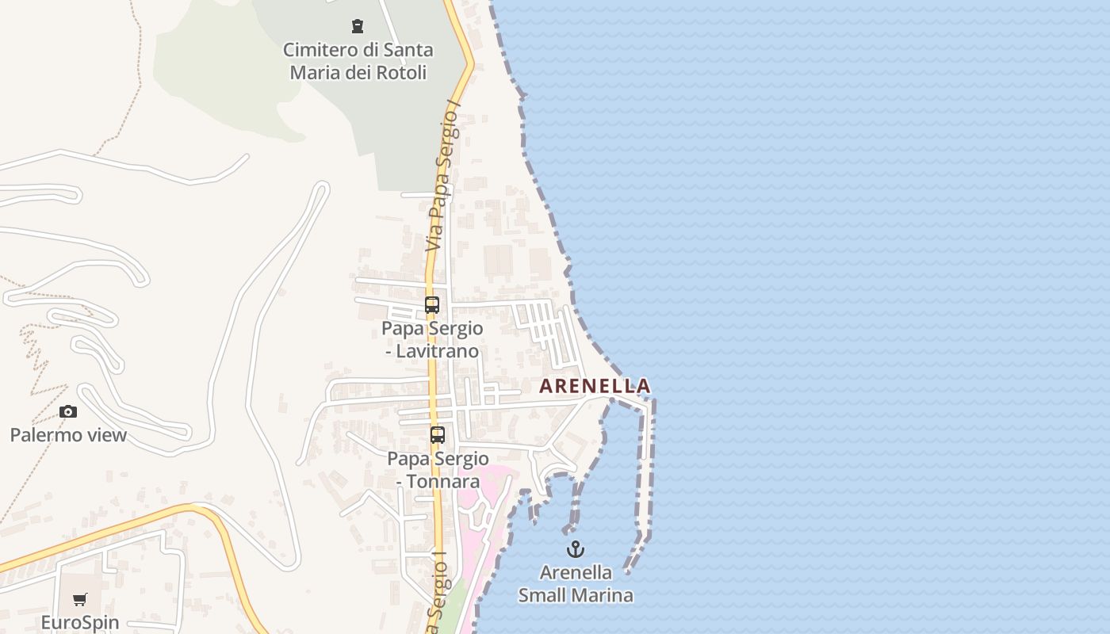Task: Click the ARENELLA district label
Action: tap(595, 386)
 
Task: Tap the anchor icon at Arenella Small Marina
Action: tap(575, 548)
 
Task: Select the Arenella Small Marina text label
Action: tap(576, 584)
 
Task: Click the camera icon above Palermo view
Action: tap(68, 411)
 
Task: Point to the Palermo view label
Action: tap(68, 435)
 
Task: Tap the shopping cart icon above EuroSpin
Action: tap(79, 599)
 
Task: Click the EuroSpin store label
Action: tap(80, 622)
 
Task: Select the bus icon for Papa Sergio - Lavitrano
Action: tap(432, 305)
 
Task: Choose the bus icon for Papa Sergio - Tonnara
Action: tap(438, 434)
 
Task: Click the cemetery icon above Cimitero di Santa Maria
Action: tap(358, 26)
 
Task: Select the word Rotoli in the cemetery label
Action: tap(401, 73)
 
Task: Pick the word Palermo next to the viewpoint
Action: tap(40, 435)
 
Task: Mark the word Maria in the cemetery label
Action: tap(316, 73)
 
